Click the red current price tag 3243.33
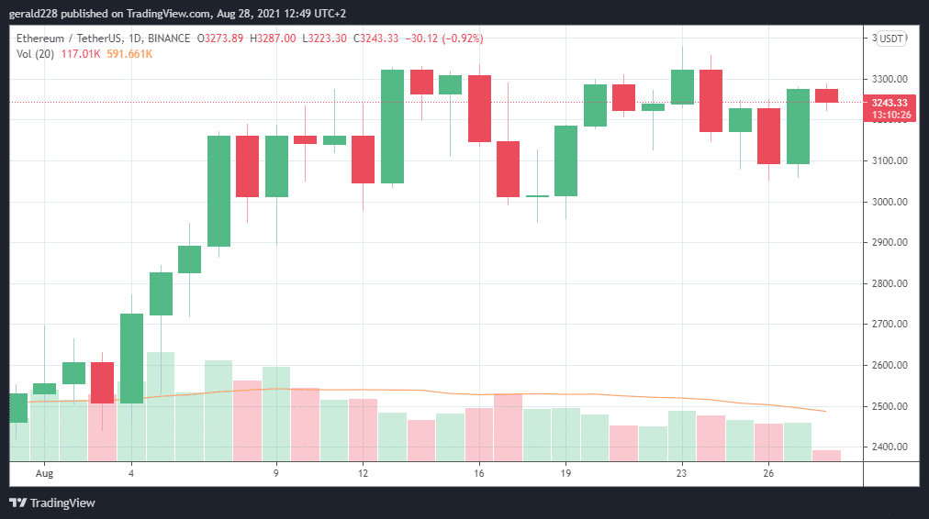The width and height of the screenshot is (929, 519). click(x=890, y=103)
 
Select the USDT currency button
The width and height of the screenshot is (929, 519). click(x=891, y=39)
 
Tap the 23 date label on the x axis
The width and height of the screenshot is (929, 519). click(x=681, y=474)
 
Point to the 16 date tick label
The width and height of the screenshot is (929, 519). click(x=479, y=474)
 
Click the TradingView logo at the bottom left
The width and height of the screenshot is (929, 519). click(x=52, y=502)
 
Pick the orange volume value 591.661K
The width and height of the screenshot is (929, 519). click(x=129, y=54)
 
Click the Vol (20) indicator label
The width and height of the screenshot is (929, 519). click(x=34, y=54)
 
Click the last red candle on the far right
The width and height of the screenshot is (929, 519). click(x=826, y=95)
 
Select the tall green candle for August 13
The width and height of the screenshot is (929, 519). click(x=392, y=126)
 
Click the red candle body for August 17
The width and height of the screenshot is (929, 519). click(x=508, y=169)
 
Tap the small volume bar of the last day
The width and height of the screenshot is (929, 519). click(x=826, y=455)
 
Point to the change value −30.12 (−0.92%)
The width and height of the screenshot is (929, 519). click(x=447, y=39)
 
